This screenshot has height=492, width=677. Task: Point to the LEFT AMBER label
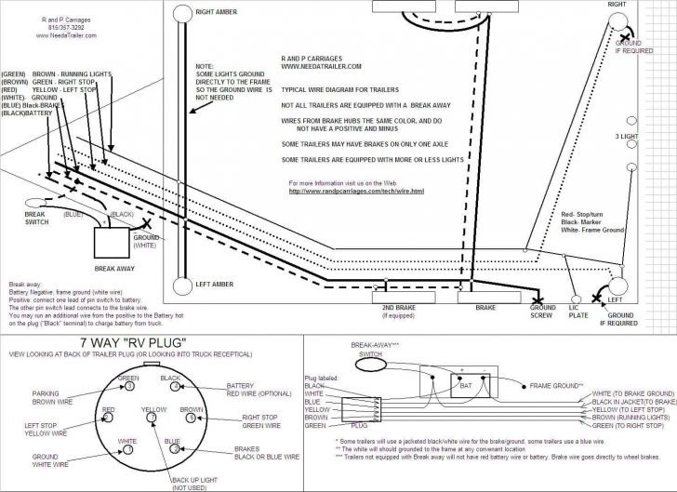pos(214,284)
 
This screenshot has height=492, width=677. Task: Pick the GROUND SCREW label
pos(543,312)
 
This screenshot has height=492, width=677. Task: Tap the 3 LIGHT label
pos(627,136)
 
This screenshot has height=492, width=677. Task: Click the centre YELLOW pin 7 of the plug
pos(152,419)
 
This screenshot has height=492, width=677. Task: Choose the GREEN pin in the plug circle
pos(129,388)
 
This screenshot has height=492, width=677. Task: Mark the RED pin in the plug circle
pos(110,419)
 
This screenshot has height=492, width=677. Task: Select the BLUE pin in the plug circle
pos(173,448)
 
